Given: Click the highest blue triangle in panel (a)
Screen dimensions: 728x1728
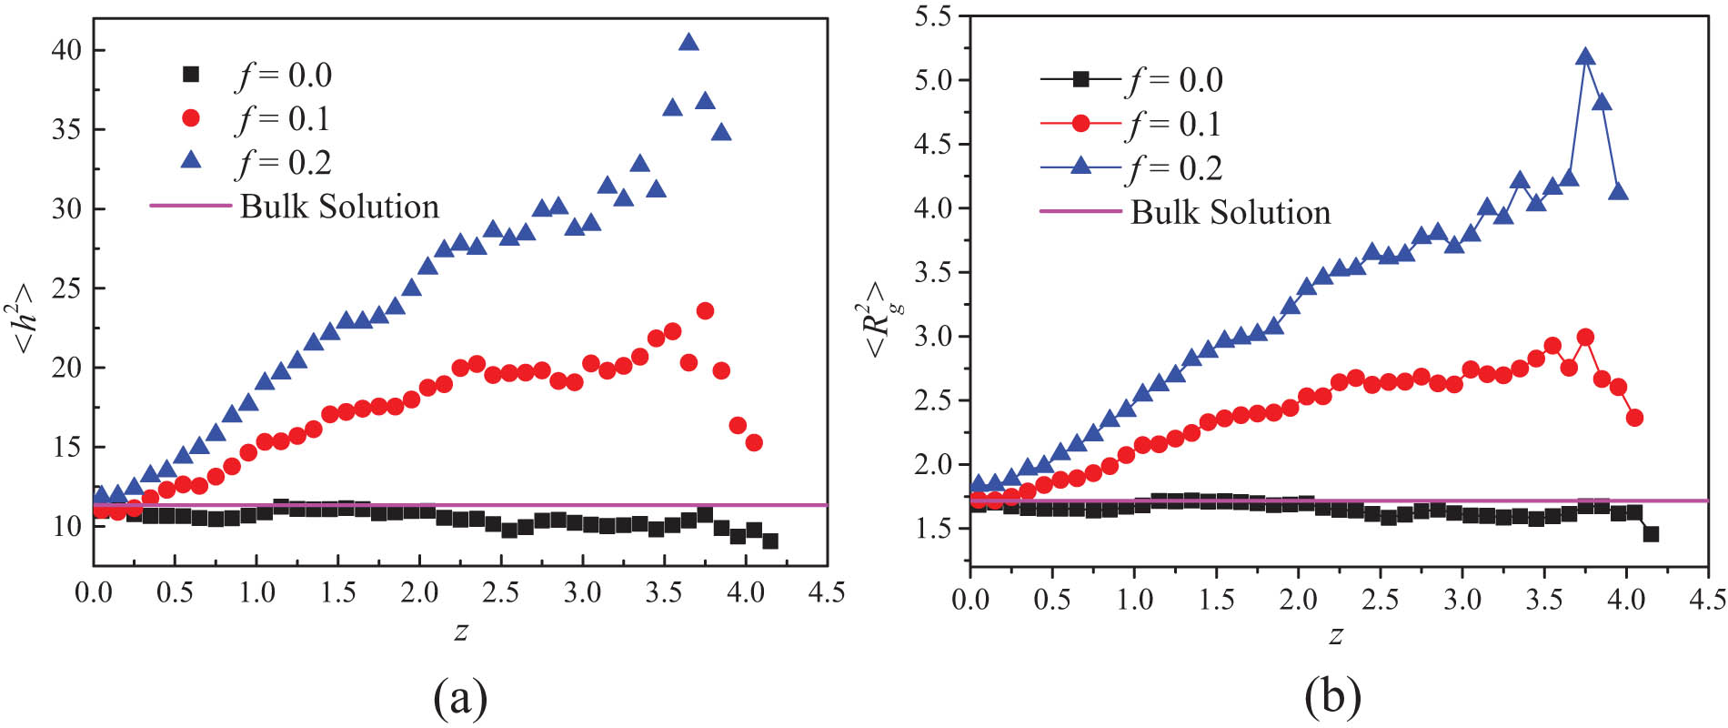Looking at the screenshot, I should click(x=688, y=43).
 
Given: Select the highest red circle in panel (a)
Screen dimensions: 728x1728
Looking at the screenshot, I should click(x=705, y=311).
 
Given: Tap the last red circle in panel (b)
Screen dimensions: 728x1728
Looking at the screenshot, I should click(x=1634, y=418).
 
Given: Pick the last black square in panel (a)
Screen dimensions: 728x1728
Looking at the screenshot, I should click(x=770, y=541).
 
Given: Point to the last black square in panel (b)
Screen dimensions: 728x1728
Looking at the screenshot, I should click(x=1651, y=534).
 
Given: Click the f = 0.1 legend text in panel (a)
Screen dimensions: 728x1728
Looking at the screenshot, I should click(x=283, y=119).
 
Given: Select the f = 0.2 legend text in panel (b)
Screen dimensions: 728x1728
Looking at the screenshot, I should click(x=1175, y=168).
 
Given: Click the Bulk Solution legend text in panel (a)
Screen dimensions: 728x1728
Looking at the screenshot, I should click(x=339, y=207).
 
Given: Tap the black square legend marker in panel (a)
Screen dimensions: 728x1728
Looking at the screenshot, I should click(x=191, y=75).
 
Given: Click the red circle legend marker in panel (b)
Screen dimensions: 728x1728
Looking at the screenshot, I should click(x=1080, y=124).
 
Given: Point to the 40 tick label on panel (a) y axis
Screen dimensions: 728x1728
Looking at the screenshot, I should click(x=66, y=50).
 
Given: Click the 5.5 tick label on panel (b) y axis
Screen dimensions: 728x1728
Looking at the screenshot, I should click(x=932, y=16).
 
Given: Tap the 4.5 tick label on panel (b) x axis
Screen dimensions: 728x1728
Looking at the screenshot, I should click(x=1706, y=598).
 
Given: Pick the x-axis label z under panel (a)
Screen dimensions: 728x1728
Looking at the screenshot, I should click(x=461, y=631).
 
